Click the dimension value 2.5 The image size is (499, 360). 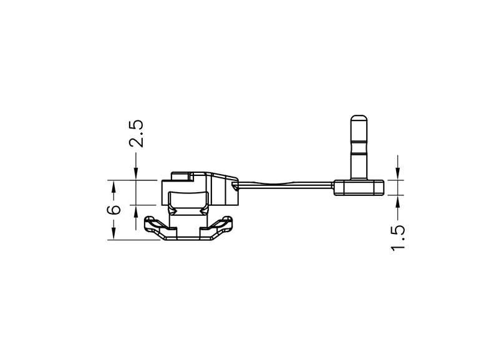[136, 134]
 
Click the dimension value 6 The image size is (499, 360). [114, 210]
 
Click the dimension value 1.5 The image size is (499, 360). [398, 238]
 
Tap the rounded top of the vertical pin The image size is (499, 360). [359, 119]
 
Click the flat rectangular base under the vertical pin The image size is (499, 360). [359, 187]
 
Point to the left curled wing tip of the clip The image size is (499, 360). [150, 220]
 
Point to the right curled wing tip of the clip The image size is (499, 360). [227, 220]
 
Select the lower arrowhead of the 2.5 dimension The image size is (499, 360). [136, 212]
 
